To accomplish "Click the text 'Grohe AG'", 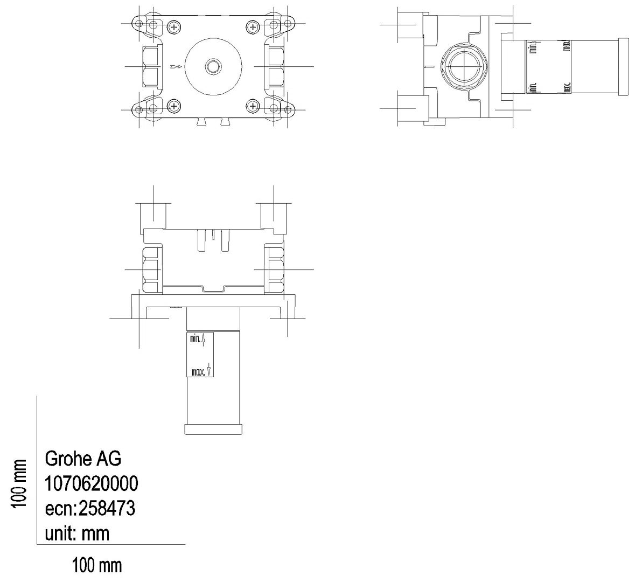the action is [82, 459].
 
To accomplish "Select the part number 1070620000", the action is [91, 483].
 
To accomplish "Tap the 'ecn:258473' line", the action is [90, 508].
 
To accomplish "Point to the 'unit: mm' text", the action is [77, 533].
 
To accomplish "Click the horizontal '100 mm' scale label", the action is [97, 565].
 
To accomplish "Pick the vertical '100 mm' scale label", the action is [19, 483].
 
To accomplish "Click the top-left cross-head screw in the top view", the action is [174, 27].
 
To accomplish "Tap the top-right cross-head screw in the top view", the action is [253, 27].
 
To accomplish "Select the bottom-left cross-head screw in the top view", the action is [174, 106].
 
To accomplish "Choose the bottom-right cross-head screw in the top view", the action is [253, 106].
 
